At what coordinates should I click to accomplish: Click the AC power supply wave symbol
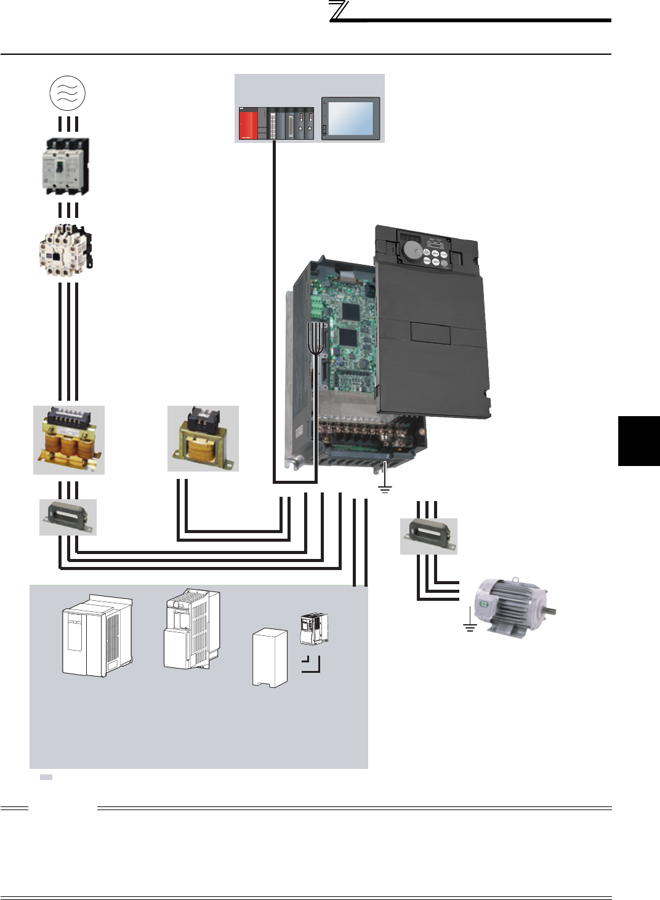coord(67,93)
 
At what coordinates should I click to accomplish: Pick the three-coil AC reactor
coord(69,440)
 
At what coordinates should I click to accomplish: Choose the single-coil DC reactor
coord(203,439)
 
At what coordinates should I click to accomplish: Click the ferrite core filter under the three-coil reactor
coord(68,517)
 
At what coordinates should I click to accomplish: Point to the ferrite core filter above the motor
coord(429,536)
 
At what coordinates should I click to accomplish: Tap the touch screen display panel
coord(351,118)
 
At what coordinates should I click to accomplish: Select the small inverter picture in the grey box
coord(314,629)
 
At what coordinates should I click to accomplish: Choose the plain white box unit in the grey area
coord(270,657)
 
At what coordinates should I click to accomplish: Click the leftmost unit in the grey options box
coord(97,636)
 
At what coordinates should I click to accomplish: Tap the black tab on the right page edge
coord(638,441)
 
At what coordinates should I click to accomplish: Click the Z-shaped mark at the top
coord(339,11)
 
